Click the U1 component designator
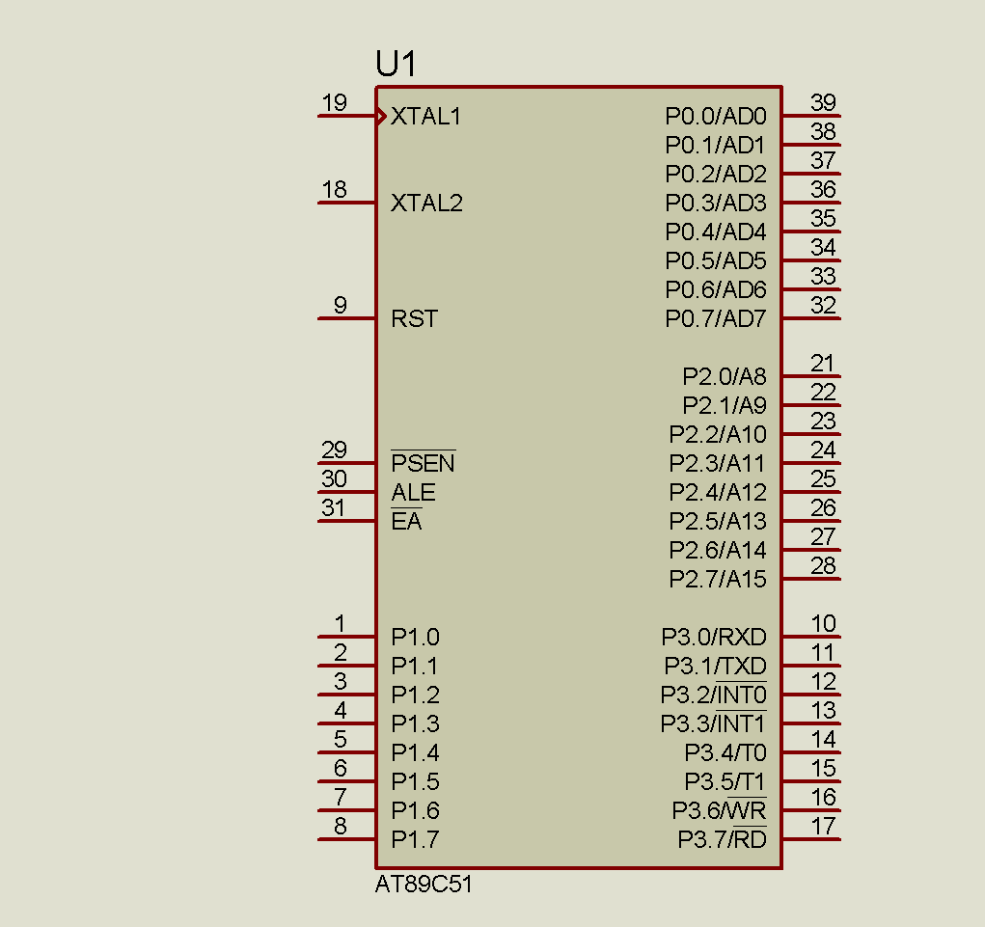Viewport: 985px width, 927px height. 396,64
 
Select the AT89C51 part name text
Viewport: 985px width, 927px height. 424,885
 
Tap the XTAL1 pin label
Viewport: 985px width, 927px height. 425,116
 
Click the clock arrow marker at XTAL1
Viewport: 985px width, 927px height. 381,116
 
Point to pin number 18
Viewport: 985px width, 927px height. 334,189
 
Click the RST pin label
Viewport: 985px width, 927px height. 414,318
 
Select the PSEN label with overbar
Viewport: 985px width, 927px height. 423,463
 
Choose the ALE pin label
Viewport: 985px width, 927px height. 413,492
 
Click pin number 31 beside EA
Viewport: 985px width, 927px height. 333,507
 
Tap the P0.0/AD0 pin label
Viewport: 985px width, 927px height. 716,116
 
